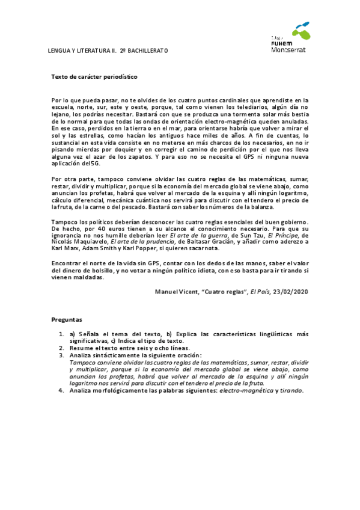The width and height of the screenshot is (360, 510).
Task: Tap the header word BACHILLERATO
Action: pyautogui.click(x=147, y=51)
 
